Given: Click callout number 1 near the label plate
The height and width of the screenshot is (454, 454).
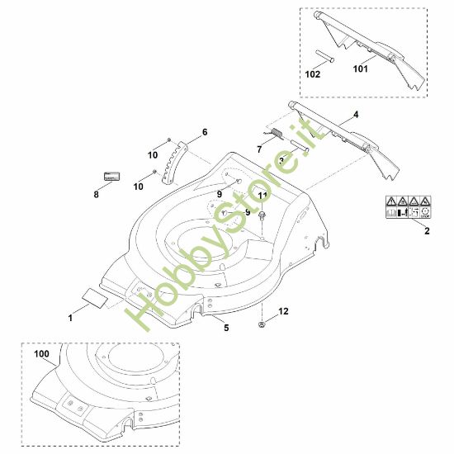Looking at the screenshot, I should coord(70,316).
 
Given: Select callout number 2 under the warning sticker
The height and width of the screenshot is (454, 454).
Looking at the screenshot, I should coord(426,232).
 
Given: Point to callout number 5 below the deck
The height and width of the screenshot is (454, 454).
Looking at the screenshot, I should coord(226,328).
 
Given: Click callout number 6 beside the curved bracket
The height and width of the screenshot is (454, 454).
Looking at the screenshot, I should coord(204,132).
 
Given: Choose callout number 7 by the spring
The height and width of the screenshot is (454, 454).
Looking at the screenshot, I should coord(258,149).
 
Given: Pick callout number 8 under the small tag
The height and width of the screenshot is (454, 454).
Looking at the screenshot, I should coord(96,195).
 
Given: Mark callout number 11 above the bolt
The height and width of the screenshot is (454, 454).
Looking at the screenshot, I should coord(262,195).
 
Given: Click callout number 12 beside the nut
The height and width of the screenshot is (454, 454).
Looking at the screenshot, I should coord(283,311).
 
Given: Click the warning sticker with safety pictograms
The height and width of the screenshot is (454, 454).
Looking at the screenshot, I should coord(408,207).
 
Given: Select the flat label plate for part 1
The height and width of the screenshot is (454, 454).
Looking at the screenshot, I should coord(92,292).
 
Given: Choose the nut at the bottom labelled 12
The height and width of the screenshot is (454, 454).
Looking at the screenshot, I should coord(264,324).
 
